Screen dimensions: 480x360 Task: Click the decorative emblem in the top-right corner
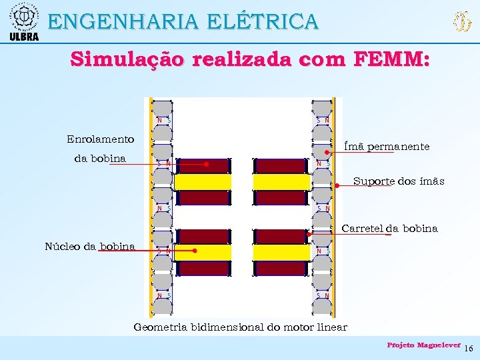461,22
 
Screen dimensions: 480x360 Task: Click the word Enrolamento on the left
100,139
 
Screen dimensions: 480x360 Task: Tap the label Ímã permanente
386,146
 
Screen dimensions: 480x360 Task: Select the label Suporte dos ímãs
399,181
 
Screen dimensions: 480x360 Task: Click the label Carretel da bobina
389,229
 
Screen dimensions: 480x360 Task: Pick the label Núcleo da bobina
89,247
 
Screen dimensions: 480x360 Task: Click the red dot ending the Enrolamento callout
207,163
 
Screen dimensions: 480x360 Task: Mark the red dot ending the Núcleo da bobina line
195,251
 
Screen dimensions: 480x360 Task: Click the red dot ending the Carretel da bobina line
310,234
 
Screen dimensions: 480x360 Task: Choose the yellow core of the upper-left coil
203,181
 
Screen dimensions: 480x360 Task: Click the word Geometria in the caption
160,327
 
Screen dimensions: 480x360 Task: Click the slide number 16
468,349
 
